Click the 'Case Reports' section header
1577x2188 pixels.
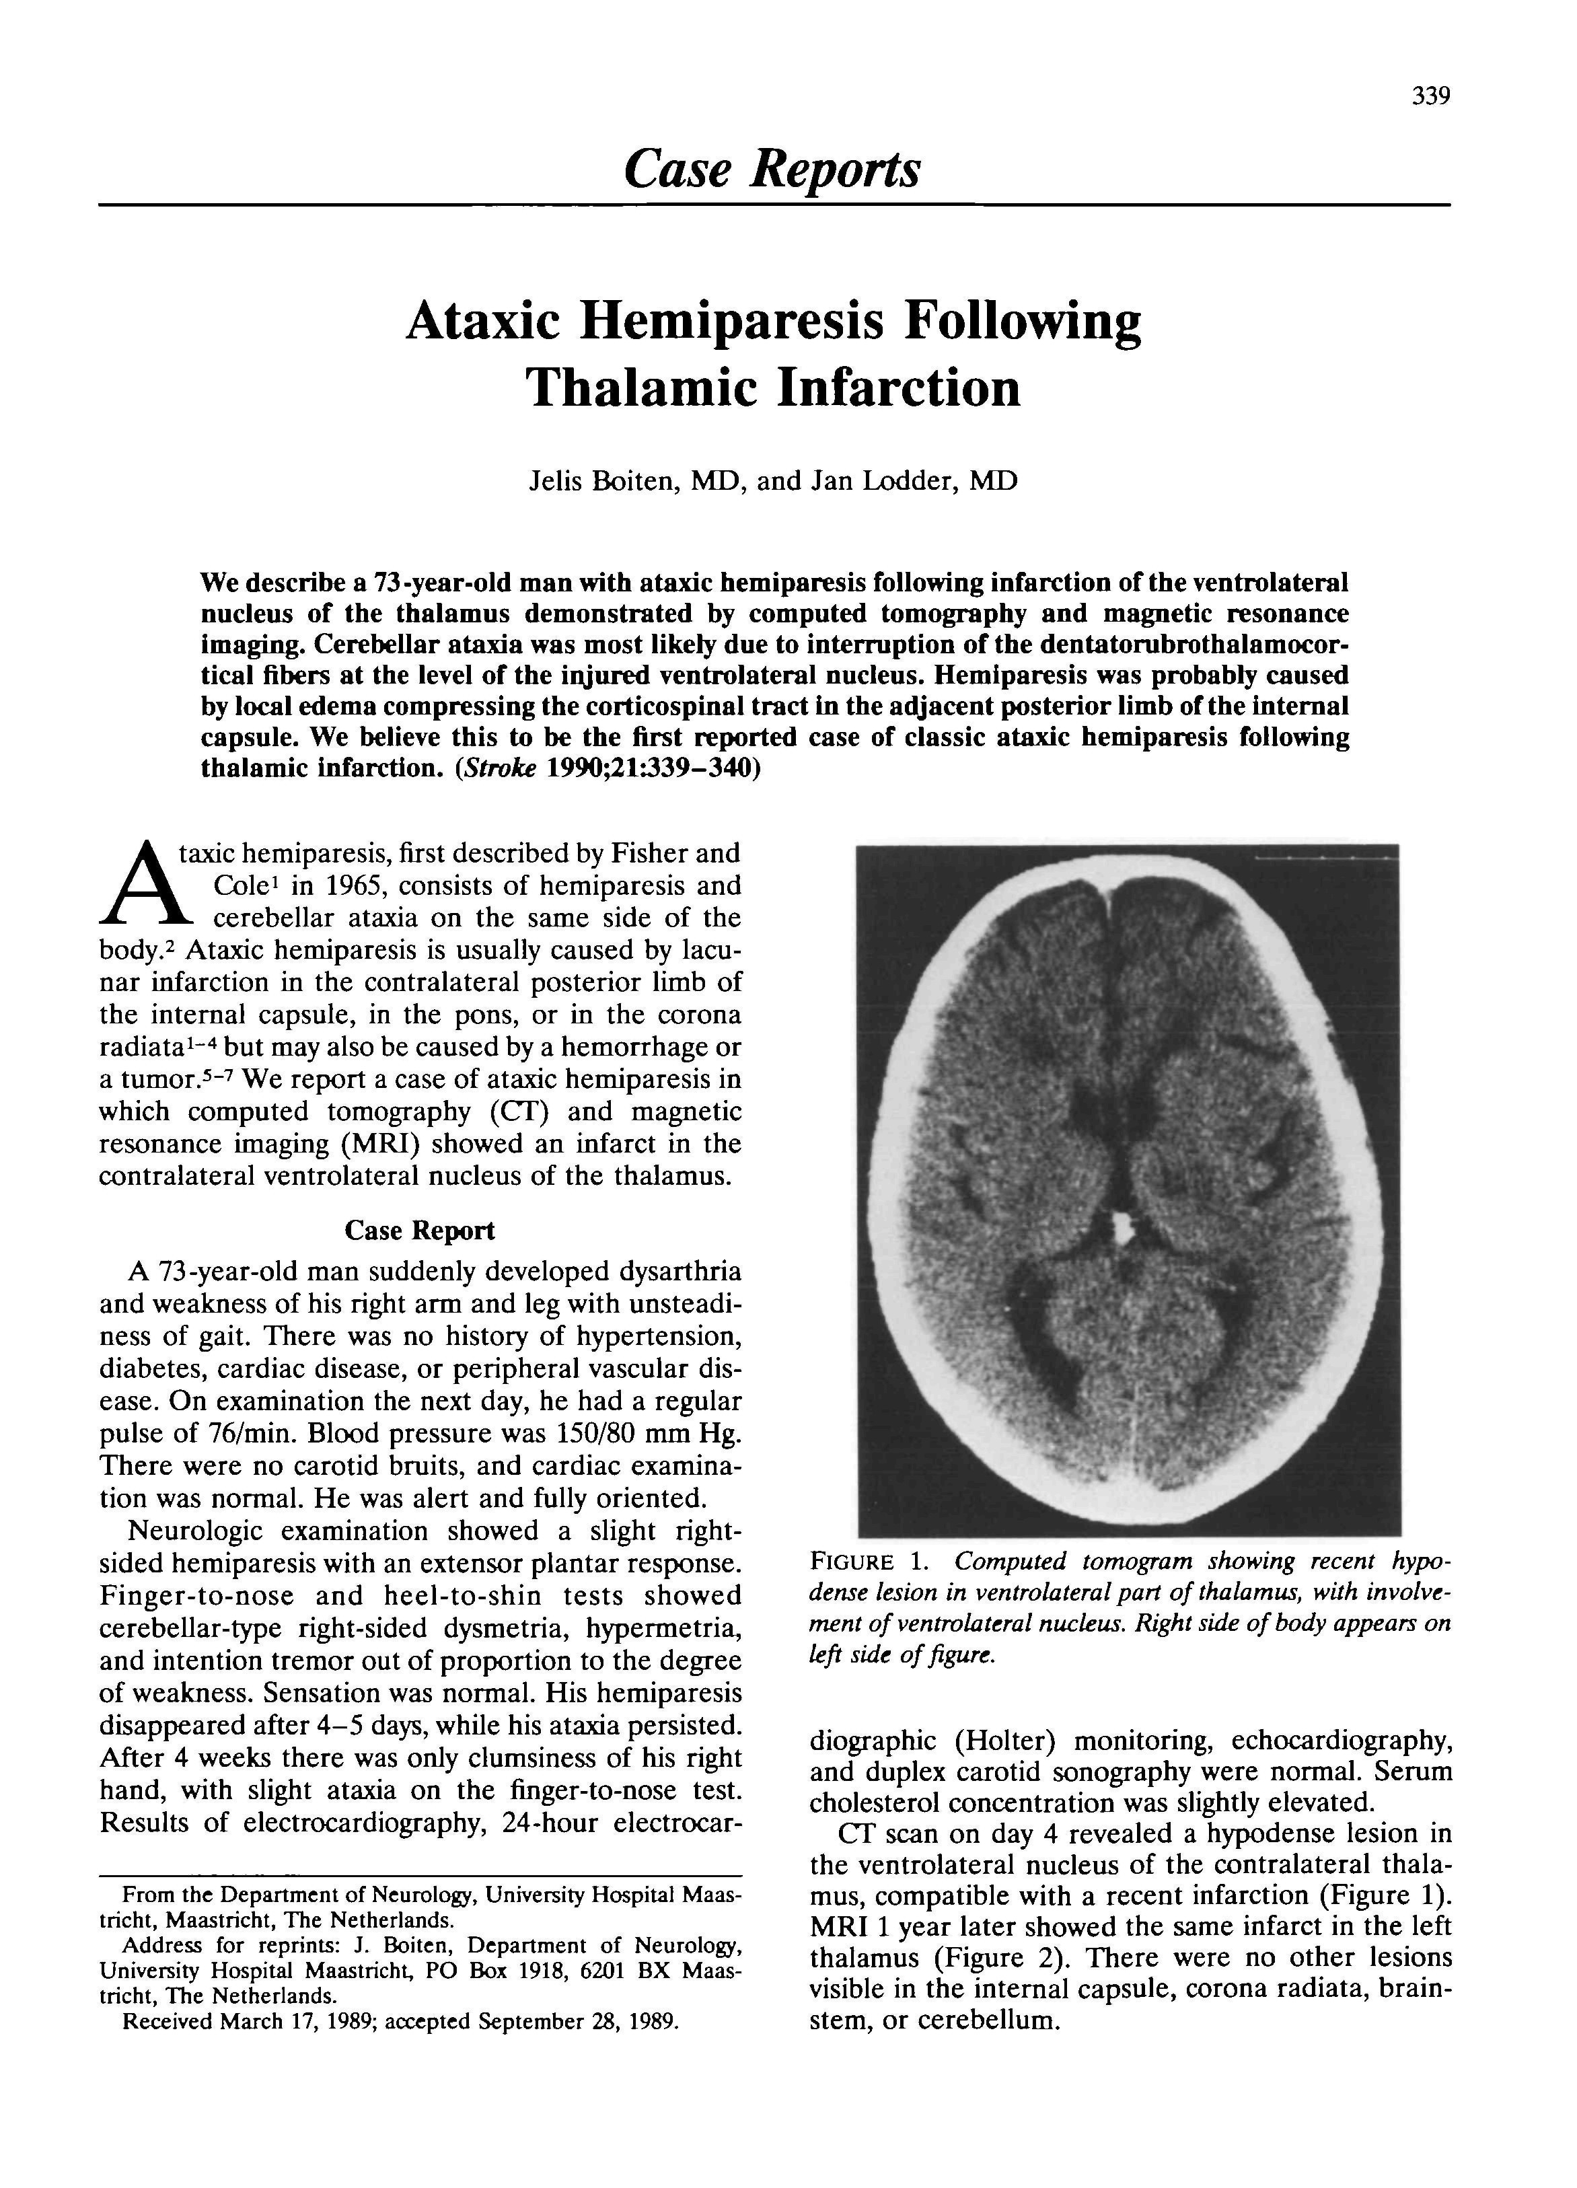[x=772, y=169]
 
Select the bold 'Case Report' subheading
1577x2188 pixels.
[x=420, y=1231]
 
